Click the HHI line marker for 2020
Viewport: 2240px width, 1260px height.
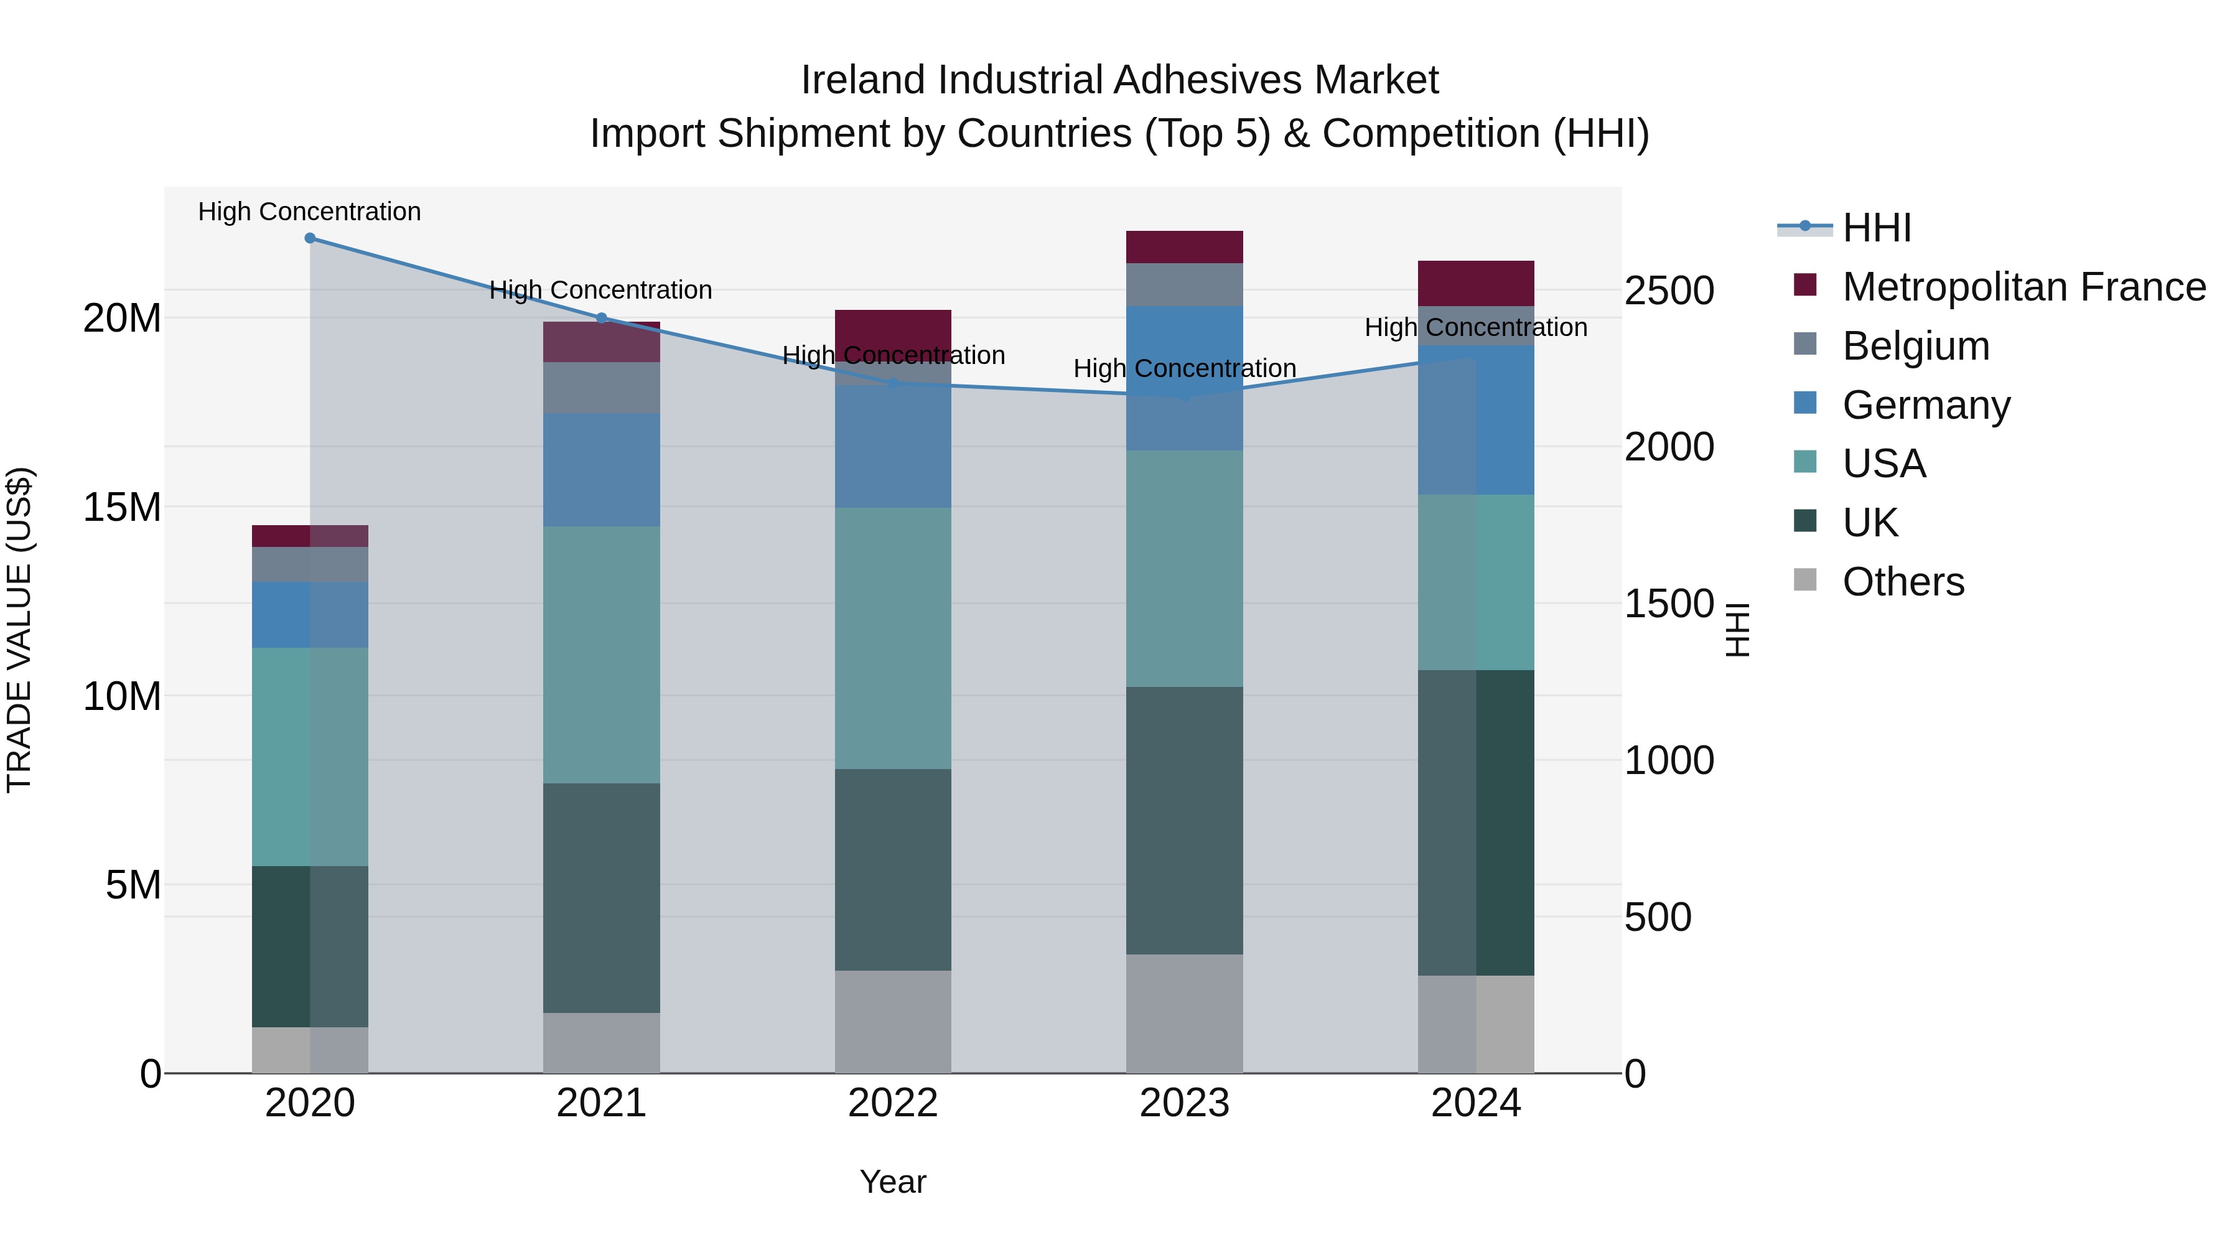[310, 238]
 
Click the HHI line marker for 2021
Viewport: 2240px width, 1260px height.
[602, 318]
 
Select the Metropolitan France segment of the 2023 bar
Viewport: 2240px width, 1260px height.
[1184, 247]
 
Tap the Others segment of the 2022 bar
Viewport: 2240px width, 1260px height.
[893, 1022]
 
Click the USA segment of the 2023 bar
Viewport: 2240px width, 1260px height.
[1184, 569]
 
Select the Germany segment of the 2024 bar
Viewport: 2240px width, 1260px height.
[1476, 420]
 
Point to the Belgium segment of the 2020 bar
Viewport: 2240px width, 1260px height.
[310, 564]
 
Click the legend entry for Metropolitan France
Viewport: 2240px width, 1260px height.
[2023, 287]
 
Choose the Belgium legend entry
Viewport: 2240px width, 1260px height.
[1916, 346]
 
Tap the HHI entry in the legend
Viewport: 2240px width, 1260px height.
[1877, 228]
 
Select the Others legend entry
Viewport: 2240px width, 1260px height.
[1903, 582]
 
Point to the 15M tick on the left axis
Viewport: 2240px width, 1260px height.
[122, 507]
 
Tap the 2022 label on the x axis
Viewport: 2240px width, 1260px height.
[893, 1103]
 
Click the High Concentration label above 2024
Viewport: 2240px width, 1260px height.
[1476, 328]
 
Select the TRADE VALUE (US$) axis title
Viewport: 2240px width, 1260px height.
[19, 630]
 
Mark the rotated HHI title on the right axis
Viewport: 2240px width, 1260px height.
[1737, 630]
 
